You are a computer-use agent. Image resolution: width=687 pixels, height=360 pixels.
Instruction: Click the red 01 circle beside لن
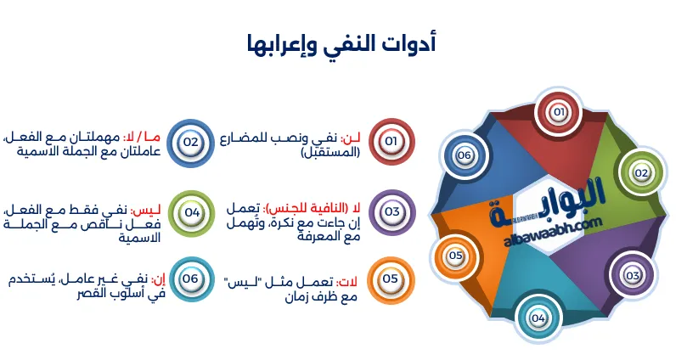[391, 141]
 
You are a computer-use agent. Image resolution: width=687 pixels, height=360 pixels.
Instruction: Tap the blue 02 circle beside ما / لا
[191, 141]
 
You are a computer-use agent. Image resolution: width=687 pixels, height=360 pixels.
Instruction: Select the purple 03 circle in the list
[391, 211]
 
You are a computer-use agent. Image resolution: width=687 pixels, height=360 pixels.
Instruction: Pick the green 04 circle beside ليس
[191, 211]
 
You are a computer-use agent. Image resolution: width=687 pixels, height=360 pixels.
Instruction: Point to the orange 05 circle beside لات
[391, 278]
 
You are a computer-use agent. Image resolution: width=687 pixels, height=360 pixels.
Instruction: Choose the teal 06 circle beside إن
[191, 278]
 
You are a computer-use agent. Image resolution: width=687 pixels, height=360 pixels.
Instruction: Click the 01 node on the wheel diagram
[558, 112]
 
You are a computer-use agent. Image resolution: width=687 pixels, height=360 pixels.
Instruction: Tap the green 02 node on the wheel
[641, 172]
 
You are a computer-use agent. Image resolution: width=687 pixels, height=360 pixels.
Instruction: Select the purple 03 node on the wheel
[632, 275]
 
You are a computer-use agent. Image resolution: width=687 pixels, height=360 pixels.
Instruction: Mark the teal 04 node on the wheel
[538, 318]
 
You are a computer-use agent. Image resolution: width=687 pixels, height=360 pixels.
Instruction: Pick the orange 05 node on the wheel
[455, 255]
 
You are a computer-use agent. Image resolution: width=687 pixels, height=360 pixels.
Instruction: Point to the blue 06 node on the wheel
[464, 155]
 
